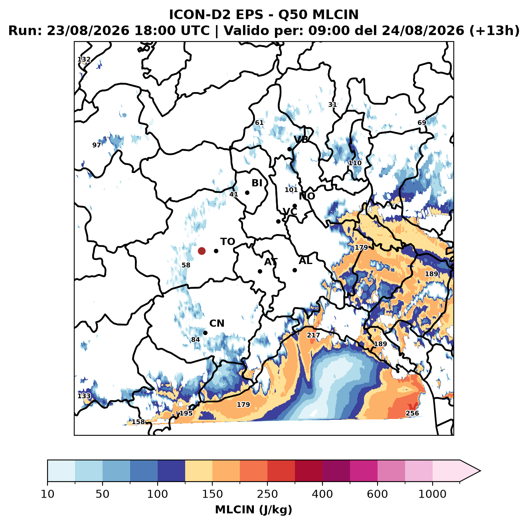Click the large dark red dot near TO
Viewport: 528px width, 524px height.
click(x=202, y=251)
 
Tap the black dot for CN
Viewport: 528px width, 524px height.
click(x=205, y=333)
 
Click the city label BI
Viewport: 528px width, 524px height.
click(x=257, y=183)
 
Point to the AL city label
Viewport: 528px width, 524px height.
click(x=305, y=260)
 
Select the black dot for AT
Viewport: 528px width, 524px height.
click(x=260, y=271)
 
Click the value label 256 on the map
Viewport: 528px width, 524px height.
click(x=412, y=413)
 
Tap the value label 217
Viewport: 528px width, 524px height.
click(x=313, y=335)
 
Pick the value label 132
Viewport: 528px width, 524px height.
click(x=84, y=59)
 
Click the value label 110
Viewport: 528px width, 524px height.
click(x=355, y=163)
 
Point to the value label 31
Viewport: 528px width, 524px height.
click(x=332, y=105)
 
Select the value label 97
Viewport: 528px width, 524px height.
click(x=97, y=145)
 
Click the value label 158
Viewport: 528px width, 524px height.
click(x=138, y=422)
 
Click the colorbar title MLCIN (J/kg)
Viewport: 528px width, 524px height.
click(x=253, y=510)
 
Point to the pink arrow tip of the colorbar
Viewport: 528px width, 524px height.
click(x=480, y=471)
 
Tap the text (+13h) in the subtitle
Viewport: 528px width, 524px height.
click(x=494, y=31)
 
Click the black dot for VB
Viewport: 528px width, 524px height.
click(x=289, y=149)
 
